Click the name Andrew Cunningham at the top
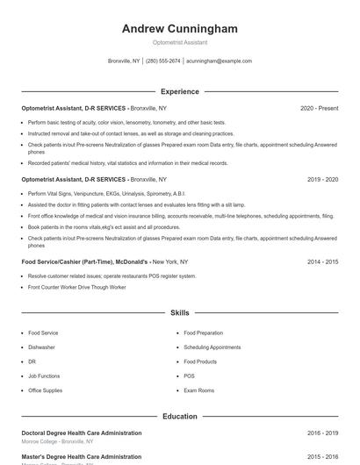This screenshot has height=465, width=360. click(x=180, y=29)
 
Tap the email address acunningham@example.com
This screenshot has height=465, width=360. click(x=219, y=61)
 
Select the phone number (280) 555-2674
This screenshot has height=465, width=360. click(x=163, y=61)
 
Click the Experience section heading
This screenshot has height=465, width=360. click(x=180, y=91)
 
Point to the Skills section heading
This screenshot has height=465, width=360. click(x=180, y=312)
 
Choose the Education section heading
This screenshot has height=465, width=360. click(x=180, y=417)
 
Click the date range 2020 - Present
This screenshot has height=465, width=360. click(x=319, y=108)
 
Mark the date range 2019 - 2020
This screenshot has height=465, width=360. click(x=322, y=179)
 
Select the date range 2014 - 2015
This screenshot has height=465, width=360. click(x=322, y=261)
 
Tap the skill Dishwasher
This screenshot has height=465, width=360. click(x=41, y=347)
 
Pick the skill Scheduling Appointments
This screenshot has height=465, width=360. click(x=212, y=347)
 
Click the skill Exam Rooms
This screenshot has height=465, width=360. click(x=198, y=390)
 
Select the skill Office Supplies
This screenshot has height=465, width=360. click(x=46, y=390)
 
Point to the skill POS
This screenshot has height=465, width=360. click(x=190, y=376)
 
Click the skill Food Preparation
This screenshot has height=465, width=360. click(x=205, y=333)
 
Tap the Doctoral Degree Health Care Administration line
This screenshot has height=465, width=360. click(x=81, y=433)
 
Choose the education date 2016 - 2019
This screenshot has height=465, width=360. click(x=322, y=433)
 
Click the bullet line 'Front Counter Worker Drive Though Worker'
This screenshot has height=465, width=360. click(x=77, y=287)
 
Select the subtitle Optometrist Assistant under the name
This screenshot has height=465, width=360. click(x=180, y=42)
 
